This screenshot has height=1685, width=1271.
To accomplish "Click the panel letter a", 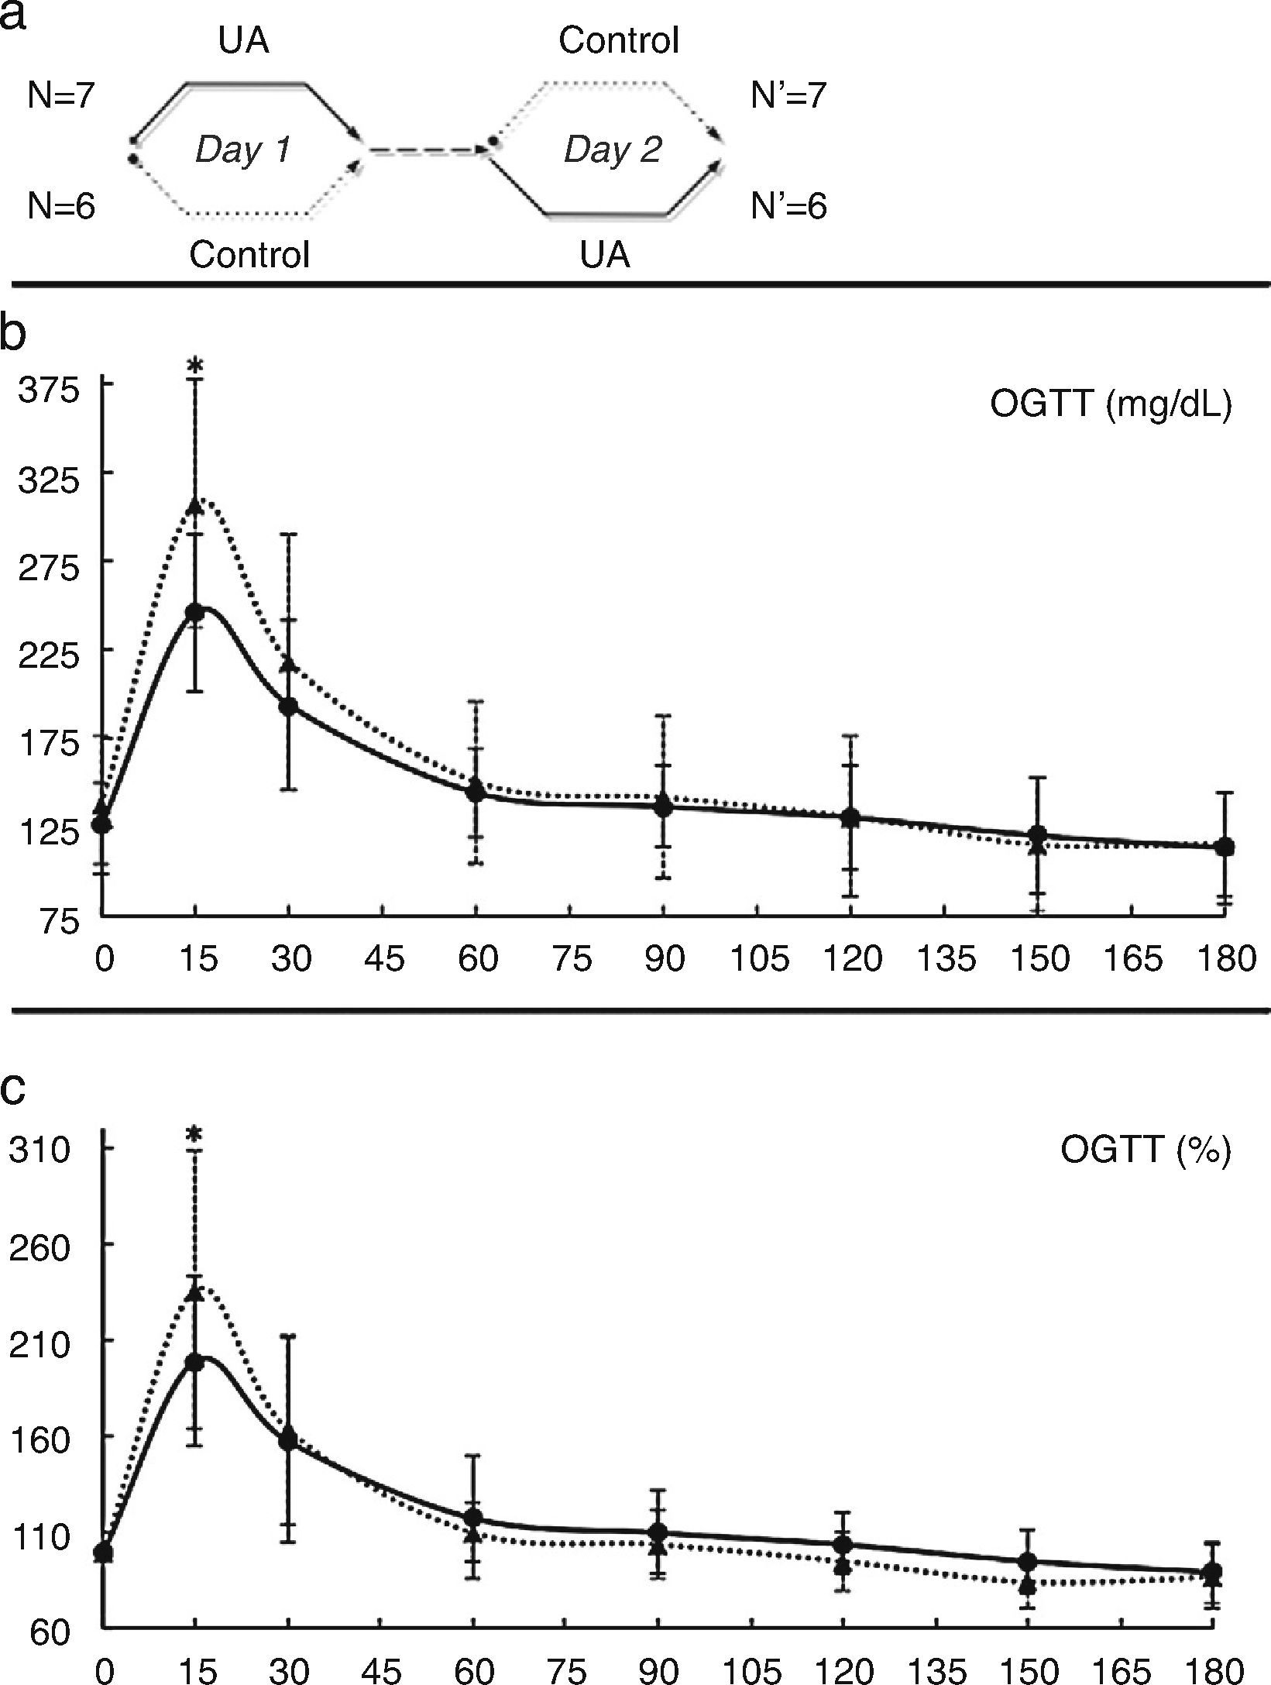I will tap(14, 16).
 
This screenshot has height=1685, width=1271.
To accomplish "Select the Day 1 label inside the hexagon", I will tap(242, 149).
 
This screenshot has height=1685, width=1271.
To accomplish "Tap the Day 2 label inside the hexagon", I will tap(612, 149).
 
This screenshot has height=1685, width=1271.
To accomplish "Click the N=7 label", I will tap(60, 96).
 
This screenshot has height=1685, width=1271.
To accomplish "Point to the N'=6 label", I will tap(788, 207).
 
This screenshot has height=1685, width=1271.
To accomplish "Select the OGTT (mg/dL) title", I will tap(1110, 406).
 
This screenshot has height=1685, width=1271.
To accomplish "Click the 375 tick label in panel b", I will tap(51, 390).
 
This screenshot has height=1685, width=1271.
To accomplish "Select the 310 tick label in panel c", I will tap(39, 1151).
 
